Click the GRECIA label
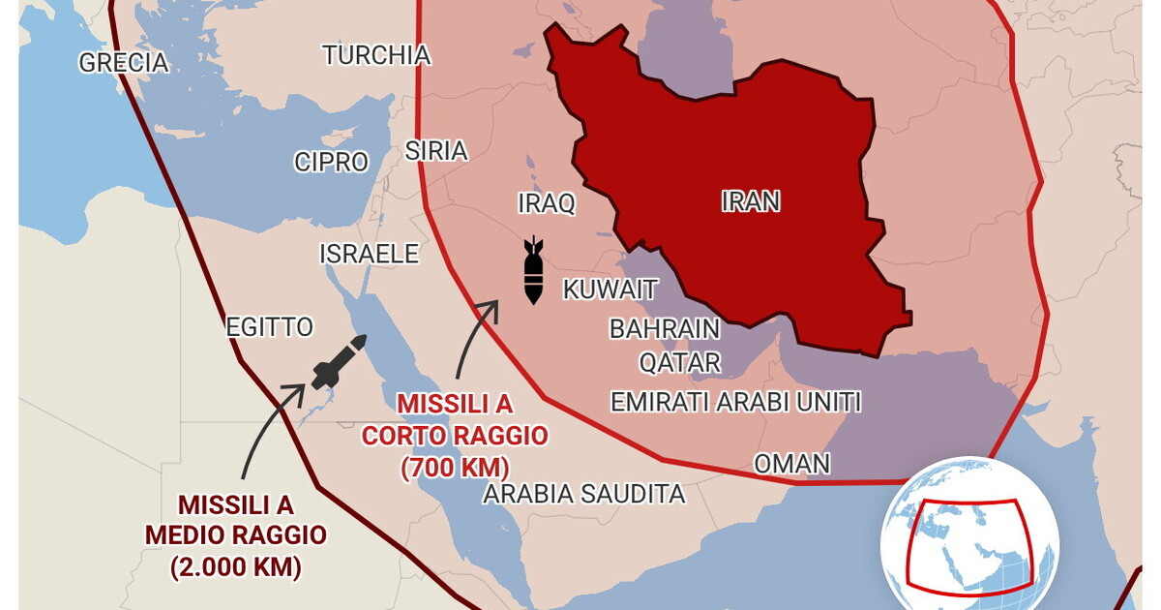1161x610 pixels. click(x=124, y=63)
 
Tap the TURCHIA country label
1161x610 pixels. click(x=376, y=55)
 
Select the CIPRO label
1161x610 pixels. click(x=332, y=162)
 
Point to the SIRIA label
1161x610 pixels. click(x=435, y=151)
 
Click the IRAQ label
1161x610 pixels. click(x=547, y=203)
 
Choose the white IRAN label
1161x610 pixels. click(x=751, y=201)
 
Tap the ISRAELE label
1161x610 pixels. click(x=370, y=254)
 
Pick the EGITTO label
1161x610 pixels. click(x=270, y=327)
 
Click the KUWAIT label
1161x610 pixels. click(x=610, y=290)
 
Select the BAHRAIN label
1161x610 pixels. click(x=665, y=329)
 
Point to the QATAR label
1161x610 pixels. click(x=679, y=363)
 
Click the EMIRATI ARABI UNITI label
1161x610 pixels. click(x=735, y=402)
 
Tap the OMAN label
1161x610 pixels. click(x=791, y=464)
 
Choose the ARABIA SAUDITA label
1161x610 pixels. click(x=584, y=494)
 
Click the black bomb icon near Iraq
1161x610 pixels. click(x=533, y=270)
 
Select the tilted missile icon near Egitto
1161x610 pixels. click(x=338, y=362)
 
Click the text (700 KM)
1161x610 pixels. click(x=455, y=468)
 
